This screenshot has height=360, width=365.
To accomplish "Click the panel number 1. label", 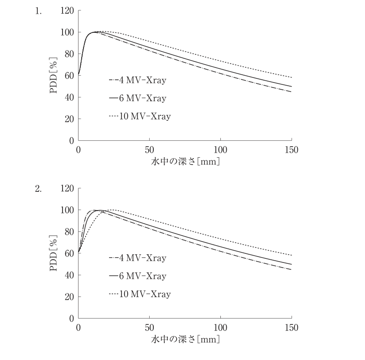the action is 38,11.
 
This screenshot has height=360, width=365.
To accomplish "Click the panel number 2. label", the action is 38,189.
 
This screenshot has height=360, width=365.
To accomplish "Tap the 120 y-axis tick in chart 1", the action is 67,10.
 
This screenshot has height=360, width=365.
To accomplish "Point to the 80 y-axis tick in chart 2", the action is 69,231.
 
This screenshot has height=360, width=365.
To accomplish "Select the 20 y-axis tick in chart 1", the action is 69,119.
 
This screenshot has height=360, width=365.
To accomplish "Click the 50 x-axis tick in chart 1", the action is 149,150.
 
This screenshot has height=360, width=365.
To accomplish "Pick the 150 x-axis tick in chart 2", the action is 292,328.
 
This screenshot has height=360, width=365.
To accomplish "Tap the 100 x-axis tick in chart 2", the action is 220,328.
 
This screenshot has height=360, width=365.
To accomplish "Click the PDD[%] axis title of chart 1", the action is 53,75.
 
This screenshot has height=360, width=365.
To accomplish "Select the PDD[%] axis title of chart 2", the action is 53,253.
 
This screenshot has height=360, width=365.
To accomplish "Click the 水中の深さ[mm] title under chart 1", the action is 185,161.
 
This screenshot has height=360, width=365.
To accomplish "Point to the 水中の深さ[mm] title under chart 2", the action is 185,339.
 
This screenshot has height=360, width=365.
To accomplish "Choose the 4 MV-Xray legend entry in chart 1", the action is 138,80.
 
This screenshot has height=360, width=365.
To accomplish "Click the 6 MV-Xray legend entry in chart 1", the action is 138,98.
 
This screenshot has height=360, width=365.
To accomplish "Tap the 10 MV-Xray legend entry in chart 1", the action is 140,116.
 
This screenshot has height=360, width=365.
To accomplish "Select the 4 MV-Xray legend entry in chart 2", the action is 138,258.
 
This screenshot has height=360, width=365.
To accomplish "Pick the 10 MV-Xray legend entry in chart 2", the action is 140,294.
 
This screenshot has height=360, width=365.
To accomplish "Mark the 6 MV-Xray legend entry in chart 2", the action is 138,276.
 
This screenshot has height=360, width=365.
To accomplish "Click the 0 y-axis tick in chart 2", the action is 72,319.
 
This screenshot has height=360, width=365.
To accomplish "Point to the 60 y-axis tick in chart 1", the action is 69,76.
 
